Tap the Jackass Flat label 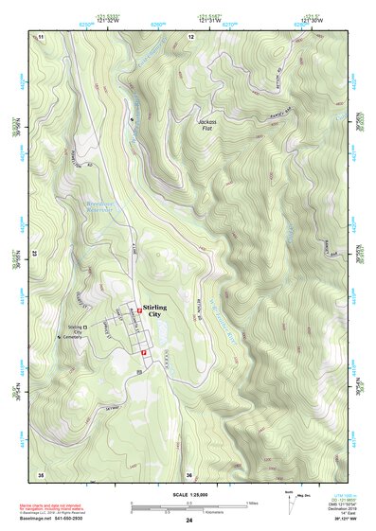tap(213, 125)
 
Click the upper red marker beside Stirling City tap(139, 310)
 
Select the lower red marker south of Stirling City tap(142, 352)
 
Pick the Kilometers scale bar tap(169, 512)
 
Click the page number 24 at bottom tap(188, 522)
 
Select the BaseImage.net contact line tap(59, 521)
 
